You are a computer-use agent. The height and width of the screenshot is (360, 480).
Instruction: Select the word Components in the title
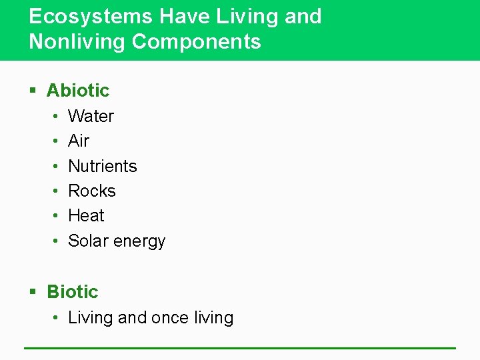(197, 42)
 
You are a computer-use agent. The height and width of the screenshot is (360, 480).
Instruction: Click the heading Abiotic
(78, 91)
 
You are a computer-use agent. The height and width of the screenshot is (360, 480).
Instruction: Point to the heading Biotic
(72, 292)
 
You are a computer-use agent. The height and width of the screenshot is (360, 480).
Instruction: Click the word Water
(91, 116)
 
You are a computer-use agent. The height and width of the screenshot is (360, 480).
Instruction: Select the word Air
(79, 141)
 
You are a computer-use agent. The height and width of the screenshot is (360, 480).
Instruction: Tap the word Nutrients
(103, 166)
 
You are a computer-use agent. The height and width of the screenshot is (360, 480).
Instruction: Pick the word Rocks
(92, 191)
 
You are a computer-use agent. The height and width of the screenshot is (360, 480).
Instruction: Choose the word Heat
(87, 216)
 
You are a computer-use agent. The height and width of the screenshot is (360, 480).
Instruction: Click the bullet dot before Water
(54, 117)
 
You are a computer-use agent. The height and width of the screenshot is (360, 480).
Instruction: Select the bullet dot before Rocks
(54, 191)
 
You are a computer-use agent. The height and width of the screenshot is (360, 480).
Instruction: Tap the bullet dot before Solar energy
(54, 241)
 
